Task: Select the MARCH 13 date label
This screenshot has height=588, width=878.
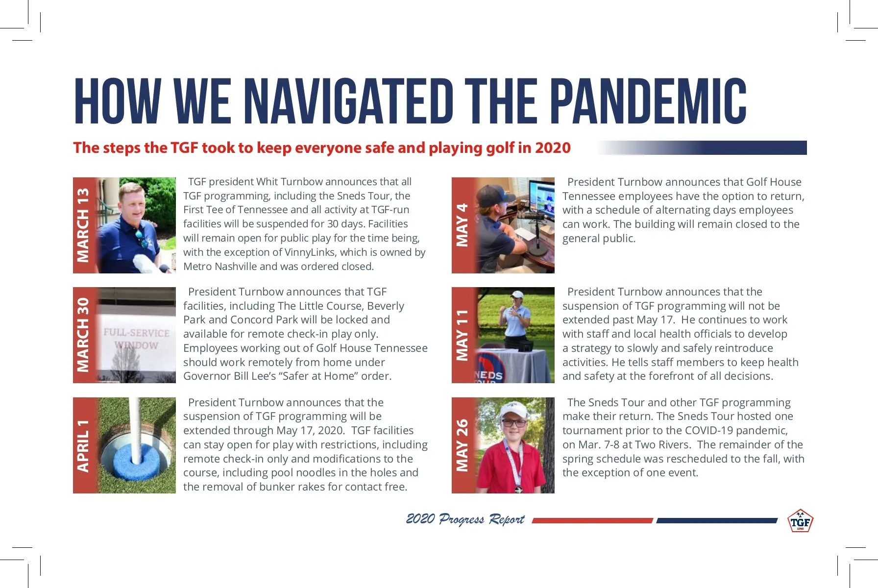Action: click(x=83, y=225)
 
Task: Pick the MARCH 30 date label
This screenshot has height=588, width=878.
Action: click(x=83, y=335)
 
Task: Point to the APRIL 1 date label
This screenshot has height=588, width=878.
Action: click(x=83, y=445)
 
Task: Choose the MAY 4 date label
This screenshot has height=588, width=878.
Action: click(x=462, y=225)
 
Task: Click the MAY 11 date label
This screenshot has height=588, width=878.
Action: click(x=462, y=335)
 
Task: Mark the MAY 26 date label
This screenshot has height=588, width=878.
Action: click(x=462, y=445)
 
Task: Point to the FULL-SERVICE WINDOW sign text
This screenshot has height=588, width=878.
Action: click(x=136, y=339)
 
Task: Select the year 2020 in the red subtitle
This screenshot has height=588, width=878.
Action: click(x=553, y=148)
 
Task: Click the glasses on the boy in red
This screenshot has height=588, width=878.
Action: click(x=514, y=422)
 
